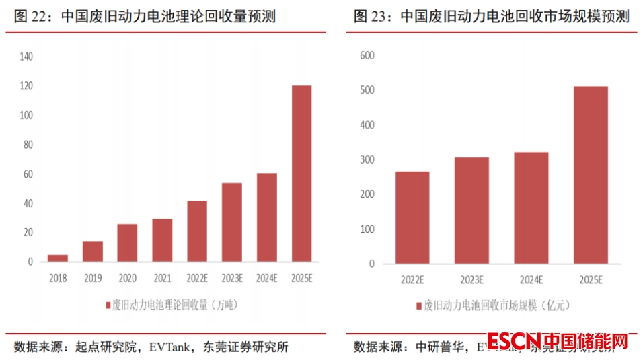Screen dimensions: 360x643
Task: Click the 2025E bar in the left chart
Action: click(x=301, y=174)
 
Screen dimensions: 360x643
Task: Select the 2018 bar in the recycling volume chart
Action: click(x=58, y=258)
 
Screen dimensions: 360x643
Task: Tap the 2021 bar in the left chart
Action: click(x=162, y=240)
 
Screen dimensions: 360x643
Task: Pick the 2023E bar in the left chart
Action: click(x=232, y=222)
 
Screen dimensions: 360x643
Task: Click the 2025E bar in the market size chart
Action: click(x=591, y=175)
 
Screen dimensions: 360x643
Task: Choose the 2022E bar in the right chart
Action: click(x=412, y=217)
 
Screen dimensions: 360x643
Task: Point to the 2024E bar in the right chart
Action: click(x=531, y=208)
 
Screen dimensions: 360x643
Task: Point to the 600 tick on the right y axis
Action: click(x=367, y=55)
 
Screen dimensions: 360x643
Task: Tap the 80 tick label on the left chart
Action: click(x=28, y=145)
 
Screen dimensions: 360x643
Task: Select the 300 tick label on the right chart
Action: click(x=367, y=160)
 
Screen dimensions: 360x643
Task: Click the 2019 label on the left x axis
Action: click(x=93, y=277)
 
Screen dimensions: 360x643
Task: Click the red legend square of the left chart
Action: click(x=108, y=305)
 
